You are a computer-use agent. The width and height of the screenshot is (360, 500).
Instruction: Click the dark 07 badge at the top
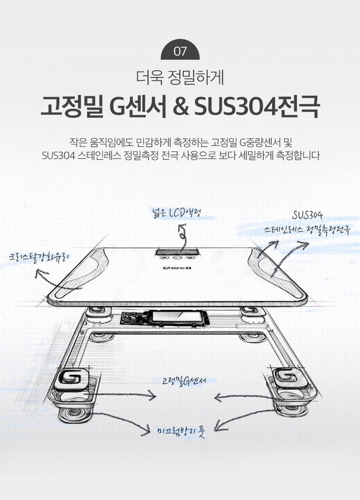180,51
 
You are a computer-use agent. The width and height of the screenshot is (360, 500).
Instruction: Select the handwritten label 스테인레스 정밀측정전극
307,229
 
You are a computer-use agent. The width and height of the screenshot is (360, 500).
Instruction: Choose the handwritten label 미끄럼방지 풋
181,431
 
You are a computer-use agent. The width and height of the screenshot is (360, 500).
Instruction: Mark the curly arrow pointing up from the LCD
183,236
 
